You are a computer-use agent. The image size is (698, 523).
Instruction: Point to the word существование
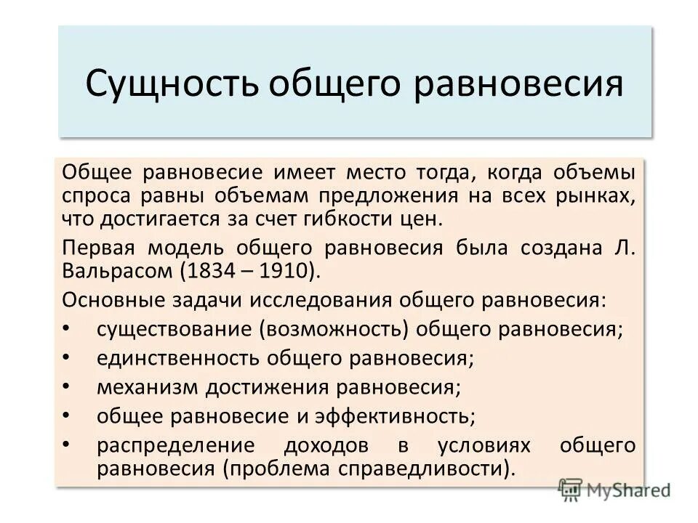173,328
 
